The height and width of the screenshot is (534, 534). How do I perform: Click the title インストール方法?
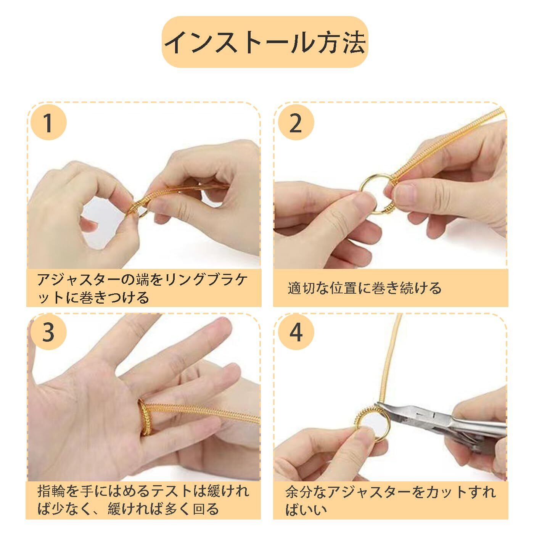265,42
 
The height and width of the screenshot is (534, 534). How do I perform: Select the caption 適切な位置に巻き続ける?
364,288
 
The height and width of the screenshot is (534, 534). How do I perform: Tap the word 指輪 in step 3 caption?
51,491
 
